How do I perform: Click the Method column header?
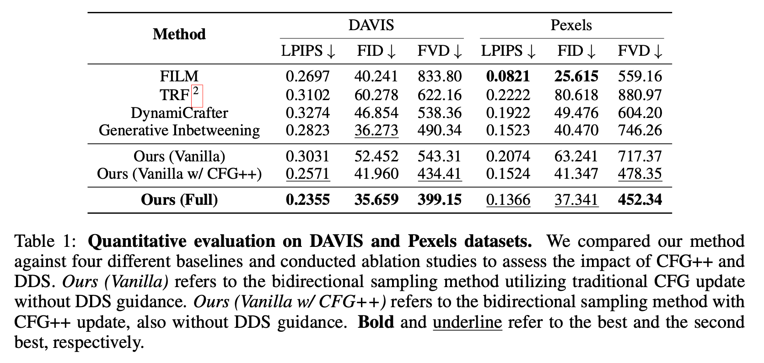tap(179, 34)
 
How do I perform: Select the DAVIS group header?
tap(371, 25)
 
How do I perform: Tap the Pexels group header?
tap(571, 25)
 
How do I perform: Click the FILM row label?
tap(179, 76)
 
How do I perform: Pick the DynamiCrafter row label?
tap(179, 113)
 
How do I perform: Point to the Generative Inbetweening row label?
tap(179, 130)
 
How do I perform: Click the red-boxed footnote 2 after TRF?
tap(196, 91)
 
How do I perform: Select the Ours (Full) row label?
tap(179, 200)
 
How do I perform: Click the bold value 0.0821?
tap(508, 76)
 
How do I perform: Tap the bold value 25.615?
tap(576, 76)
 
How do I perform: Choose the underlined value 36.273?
tap(376, 130)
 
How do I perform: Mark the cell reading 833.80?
tap(439, 76)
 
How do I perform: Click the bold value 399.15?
tap(439, 200)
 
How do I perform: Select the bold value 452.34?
tap(640, 200)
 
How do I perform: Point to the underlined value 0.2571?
tap(307, 174)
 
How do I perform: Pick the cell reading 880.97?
tap(640, 95)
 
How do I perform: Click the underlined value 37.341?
tap(576, 200)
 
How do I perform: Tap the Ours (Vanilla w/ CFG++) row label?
tap(179, 174)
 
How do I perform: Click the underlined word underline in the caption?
tap(467, 322)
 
